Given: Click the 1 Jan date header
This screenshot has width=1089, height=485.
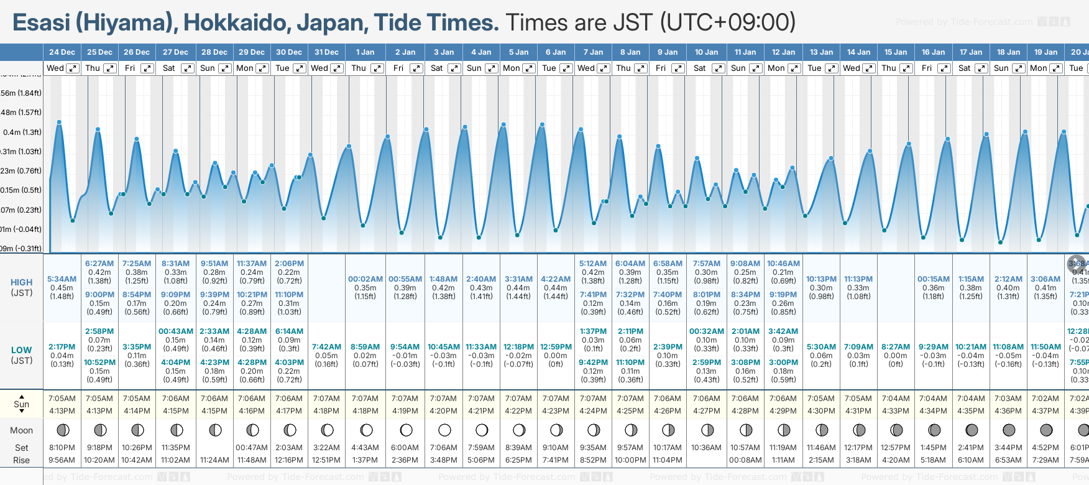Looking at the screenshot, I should pos(365,52).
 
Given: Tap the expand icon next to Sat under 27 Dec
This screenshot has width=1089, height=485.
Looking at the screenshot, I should pos(187,68).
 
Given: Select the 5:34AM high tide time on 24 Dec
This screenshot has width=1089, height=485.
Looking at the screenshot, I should pos(62,279).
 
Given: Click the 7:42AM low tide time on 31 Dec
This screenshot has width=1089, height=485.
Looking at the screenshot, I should pos(326,347).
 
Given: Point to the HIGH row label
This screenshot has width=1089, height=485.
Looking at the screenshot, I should pos(22,282).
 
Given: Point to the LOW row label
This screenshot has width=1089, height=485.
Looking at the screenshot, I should pos(22,350).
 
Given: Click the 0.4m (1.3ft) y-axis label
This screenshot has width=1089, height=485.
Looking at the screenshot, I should pos(22,132).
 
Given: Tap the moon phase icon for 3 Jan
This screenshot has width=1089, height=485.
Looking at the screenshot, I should pos(444,430).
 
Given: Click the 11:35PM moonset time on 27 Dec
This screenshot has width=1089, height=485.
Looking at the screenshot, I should pos(176,448).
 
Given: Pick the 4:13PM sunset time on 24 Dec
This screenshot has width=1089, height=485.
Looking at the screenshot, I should pos(62,411).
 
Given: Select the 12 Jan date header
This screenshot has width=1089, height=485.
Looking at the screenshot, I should pos(783,52).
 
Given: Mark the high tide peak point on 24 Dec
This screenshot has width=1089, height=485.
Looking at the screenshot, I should pos(59,122).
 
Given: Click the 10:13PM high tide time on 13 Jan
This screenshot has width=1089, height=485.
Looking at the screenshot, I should pos(821,279).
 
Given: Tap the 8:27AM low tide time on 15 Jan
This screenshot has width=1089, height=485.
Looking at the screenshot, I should pos(896,347).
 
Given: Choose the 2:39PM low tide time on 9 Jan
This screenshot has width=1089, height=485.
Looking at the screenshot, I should pos(668,347).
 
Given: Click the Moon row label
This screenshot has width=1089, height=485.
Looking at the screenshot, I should pos(22,430).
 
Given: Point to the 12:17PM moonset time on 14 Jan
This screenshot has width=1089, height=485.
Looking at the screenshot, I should pos(858,448).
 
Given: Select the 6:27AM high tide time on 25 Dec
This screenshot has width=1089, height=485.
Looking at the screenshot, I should pos(99,264).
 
